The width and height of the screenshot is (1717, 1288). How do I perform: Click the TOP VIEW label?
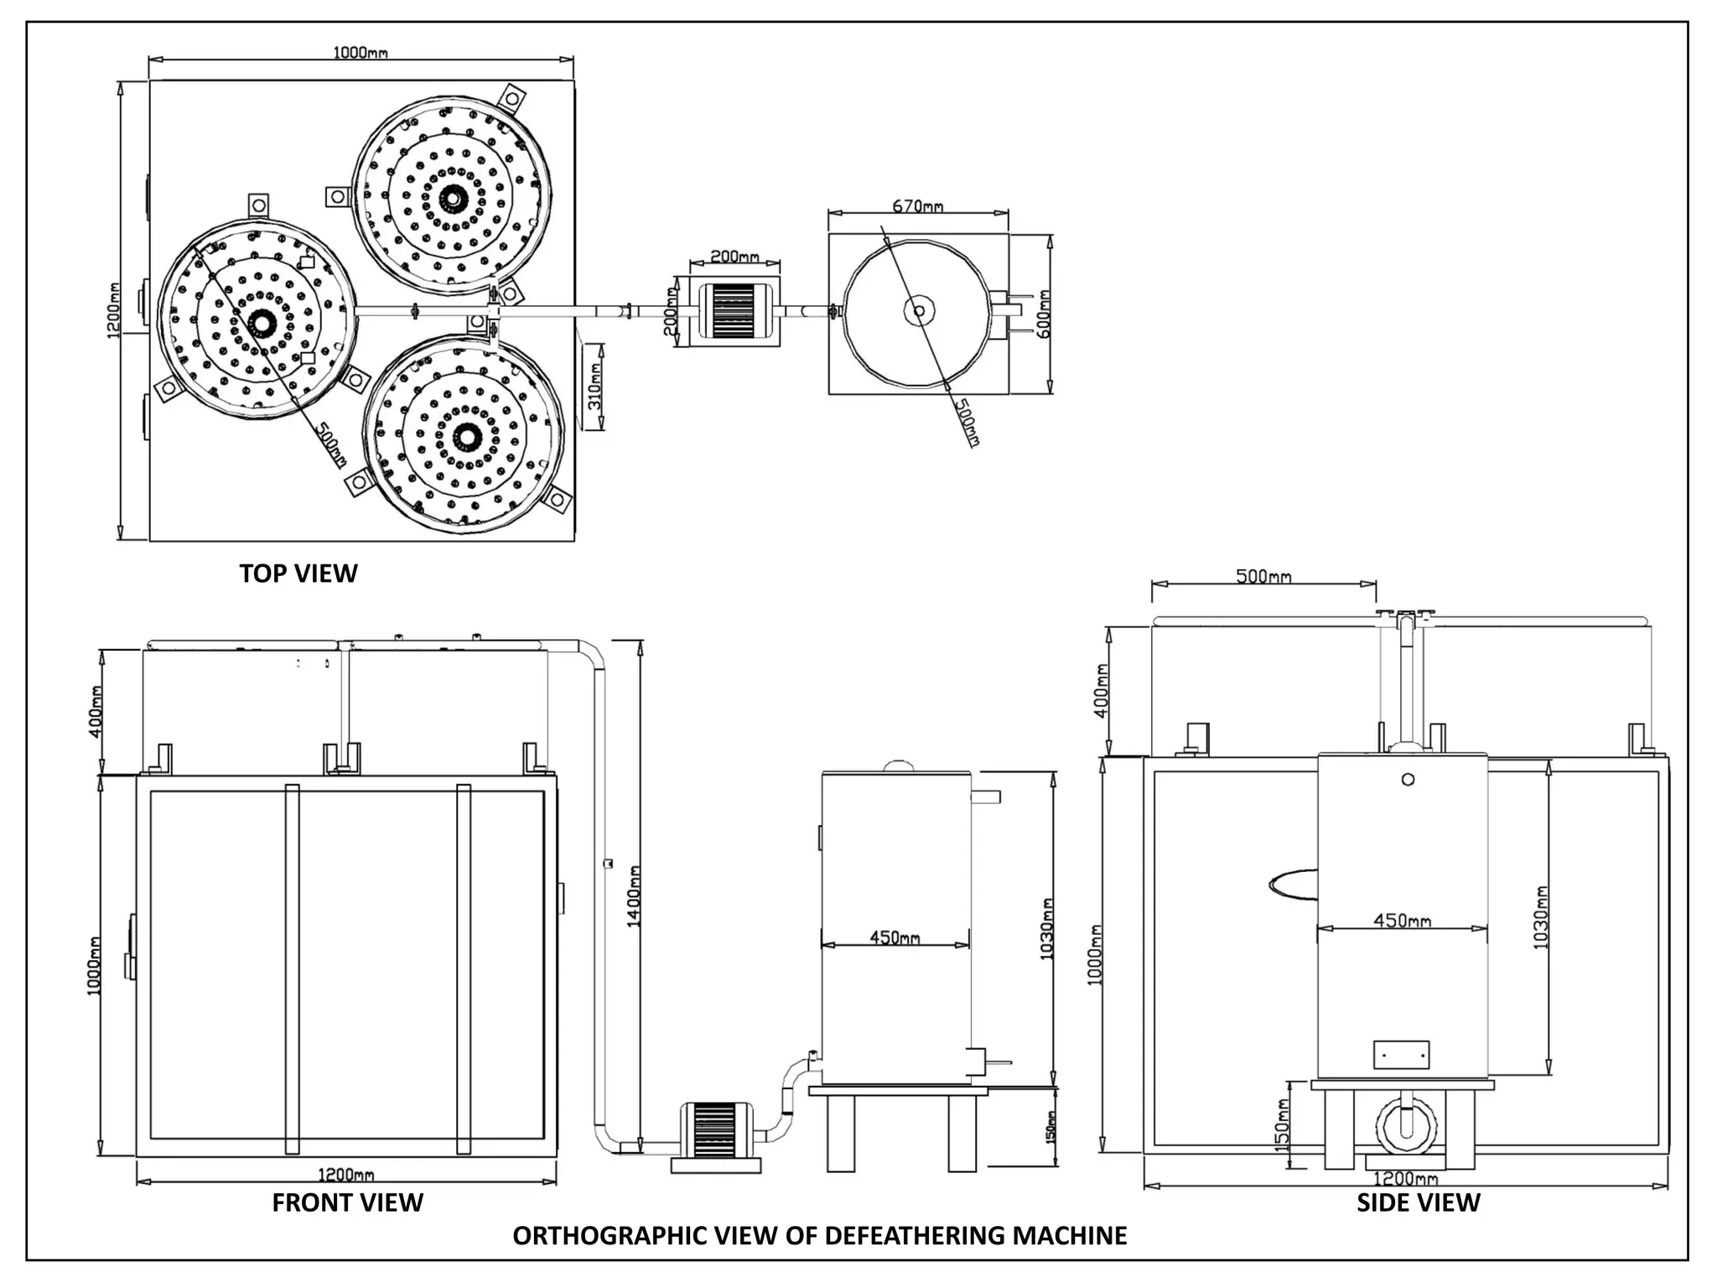(x=298, y=574)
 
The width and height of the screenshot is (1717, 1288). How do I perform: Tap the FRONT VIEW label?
(x=347, y=1202)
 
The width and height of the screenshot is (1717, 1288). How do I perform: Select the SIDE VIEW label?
(x=1419, y=1202)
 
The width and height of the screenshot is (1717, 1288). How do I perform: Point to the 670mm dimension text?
(x=918, y=206)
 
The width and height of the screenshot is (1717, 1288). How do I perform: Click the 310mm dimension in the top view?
(x=594, y=387)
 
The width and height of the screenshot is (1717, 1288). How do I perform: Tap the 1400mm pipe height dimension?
(x=635, y=896)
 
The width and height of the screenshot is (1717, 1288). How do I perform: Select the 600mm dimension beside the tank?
(x=1044, y=314)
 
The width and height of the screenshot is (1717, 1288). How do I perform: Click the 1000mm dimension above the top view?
(x=361, y=53)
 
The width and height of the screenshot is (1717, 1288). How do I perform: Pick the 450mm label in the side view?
(x=1402, y=921)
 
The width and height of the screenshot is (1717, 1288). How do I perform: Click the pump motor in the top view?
(x=734, y=311)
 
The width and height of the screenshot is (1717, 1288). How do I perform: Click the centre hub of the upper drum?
(x=454, y=199)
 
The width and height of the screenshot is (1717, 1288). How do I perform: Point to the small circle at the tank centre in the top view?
(x=919, y=311)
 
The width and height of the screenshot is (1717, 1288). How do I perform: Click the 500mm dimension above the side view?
(x=1263, y=576)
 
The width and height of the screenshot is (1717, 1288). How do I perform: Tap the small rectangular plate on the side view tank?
(x=1401, y=1055)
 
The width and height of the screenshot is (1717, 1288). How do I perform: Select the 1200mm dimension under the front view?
(x=345, y=1176)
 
